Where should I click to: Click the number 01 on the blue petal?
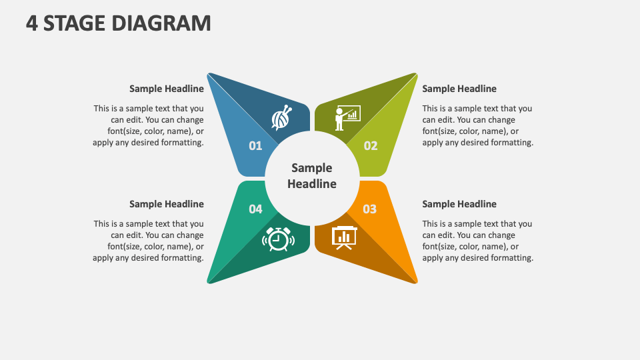pos(255,145)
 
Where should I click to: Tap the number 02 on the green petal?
pos(371,145)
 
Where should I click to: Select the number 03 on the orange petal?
pos(369,209)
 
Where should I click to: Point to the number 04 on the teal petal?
pos(256,209)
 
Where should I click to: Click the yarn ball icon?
pos(281,118)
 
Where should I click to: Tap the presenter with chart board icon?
pos(347,117)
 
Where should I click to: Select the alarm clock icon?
pos(278,239)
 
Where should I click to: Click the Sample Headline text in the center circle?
pos(312,176)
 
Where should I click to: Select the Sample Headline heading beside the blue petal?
pos(167,89)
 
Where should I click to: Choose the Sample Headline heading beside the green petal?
pos(459,89)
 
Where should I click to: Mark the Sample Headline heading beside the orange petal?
pos(459,204)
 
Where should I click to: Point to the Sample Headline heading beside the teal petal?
pos(167,204)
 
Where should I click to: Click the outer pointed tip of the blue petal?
pos(210,75)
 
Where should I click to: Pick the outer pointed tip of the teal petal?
pos(210,281)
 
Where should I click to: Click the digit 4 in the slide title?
pos(31,23)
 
